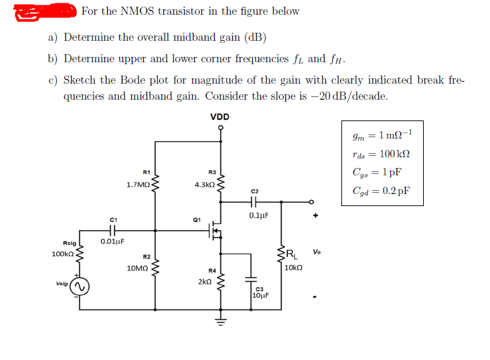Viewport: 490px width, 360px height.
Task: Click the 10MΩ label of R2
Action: pos(137,268)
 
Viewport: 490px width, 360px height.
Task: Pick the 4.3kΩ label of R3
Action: pos(203,184)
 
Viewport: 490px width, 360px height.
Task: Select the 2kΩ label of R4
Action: pos(205,282)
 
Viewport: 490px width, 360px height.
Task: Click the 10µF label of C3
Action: pos(261,295)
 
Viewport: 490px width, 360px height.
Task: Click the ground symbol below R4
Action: pos(220,319)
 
